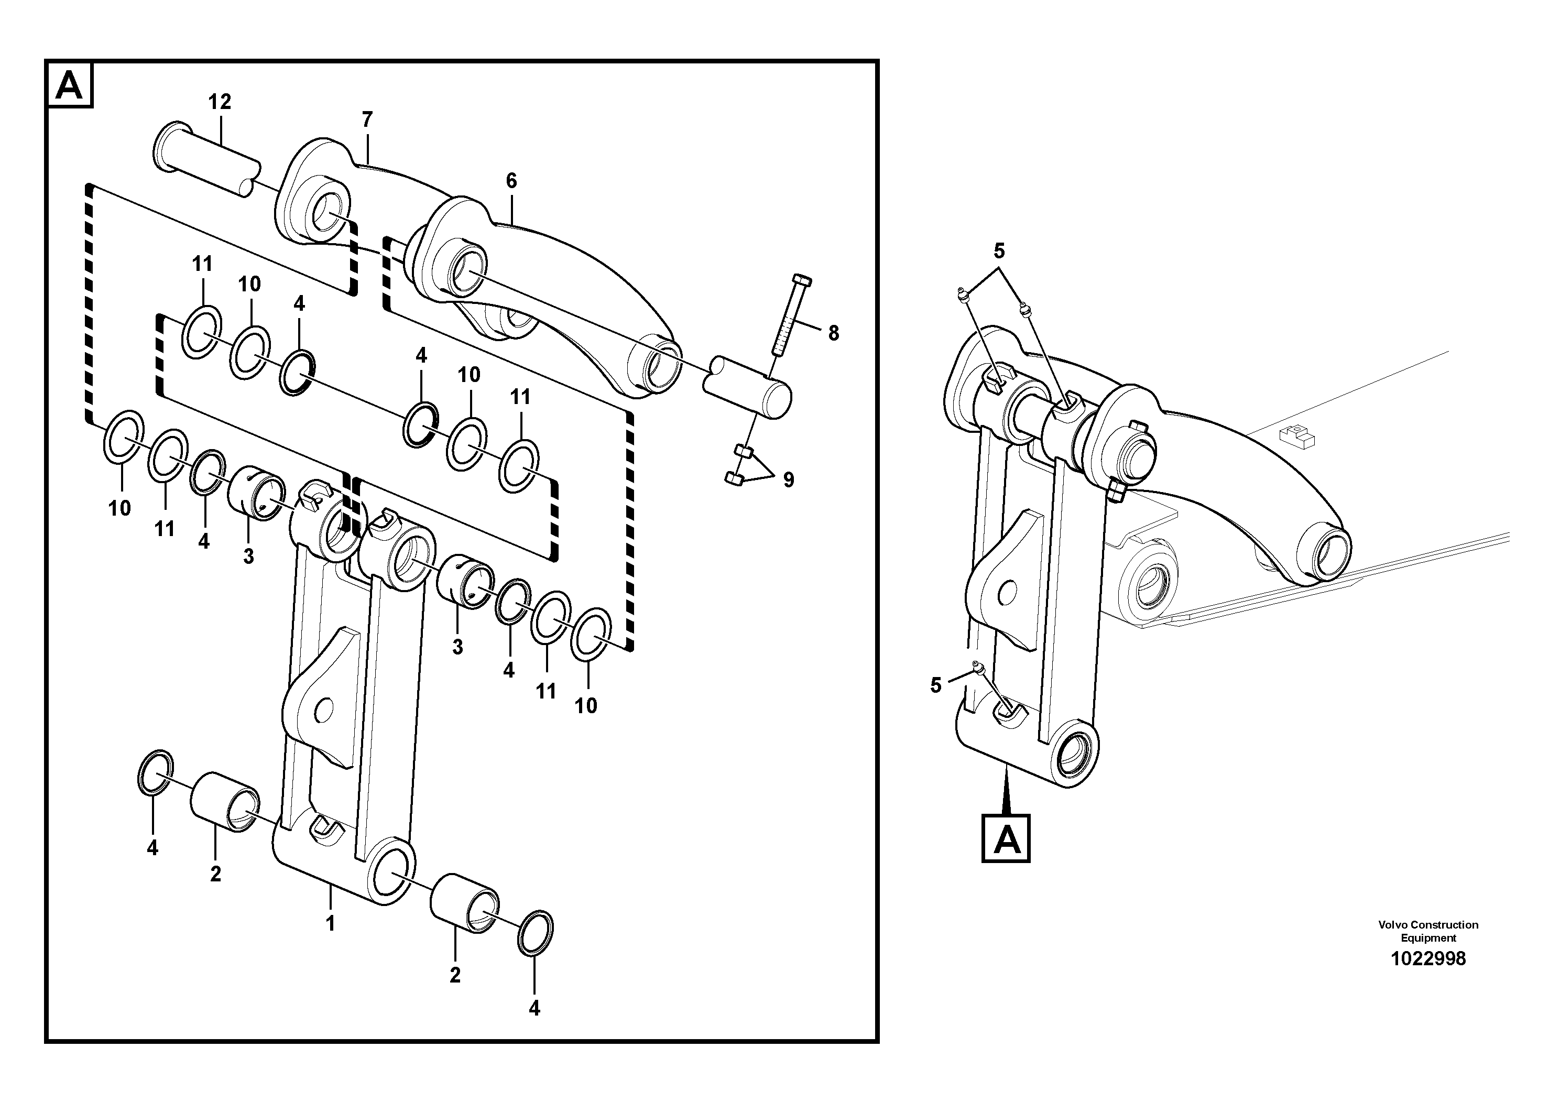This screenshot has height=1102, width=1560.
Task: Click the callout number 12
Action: click(220, 102)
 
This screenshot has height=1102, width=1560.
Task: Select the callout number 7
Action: click(367, 119)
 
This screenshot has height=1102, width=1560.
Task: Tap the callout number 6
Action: click(511, 181)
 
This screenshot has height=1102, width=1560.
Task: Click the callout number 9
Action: click(788, 481)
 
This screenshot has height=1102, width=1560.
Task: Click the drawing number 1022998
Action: click(1428, 958)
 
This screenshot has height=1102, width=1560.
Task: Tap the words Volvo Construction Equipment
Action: click(1428, 931)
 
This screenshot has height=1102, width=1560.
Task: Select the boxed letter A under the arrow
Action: click(1006, 838)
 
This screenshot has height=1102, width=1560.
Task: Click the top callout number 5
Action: click(999, 252)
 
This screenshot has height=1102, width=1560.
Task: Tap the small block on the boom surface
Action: click(1296, 435)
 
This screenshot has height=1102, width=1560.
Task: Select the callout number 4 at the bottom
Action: click(534, 1009)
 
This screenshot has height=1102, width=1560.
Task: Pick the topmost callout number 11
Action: click(202, 264)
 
